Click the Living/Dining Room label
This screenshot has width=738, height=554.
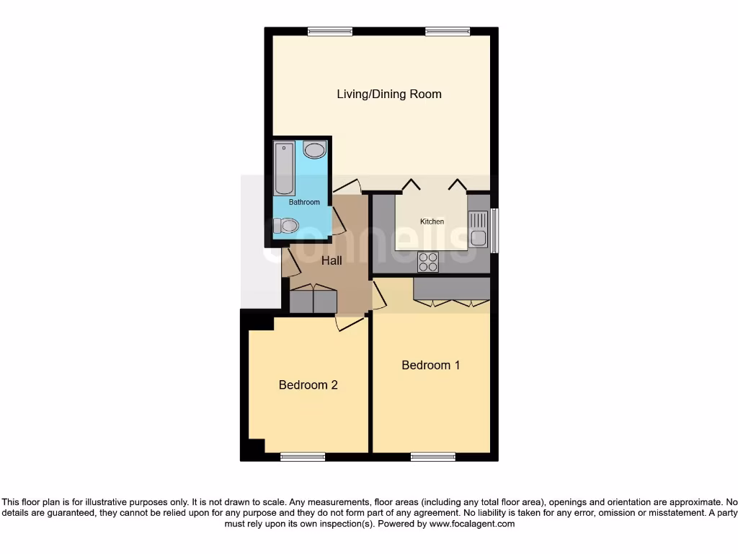pos(389,94)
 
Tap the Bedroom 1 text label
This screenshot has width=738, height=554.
pos(431,365)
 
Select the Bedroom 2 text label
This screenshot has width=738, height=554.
pos(308,385)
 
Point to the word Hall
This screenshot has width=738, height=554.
pos(332,260)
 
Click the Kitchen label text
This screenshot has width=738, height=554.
pos(432,221)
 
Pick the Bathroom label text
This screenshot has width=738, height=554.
pos(304,202)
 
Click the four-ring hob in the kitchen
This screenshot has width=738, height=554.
pos(428,262)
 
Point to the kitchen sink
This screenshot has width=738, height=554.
pos(478,228)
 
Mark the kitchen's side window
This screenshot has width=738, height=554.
pos(494,230)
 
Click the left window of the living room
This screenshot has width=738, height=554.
pos(330,31)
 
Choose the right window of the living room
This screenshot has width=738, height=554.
pos(448,31)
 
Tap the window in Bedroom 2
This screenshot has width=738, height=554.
pos(302,456)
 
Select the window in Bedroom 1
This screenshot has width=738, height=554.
pos(433,456)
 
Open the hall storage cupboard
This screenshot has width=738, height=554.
pos(313,300)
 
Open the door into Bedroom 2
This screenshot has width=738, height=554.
pos(350,322)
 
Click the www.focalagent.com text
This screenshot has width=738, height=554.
pos(472,524)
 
